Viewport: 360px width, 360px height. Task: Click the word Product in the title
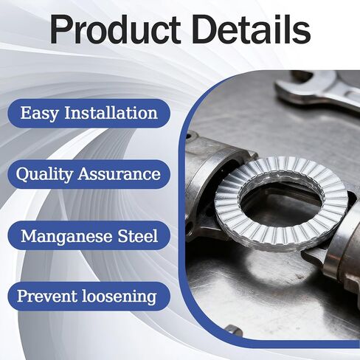[116, 30]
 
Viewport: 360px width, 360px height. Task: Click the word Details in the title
[251, 29]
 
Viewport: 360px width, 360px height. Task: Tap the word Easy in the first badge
[40, 114]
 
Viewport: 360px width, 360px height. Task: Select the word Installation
[111, 113]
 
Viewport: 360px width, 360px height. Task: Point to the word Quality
[44, 174]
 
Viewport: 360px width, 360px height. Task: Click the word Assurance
[120, 174]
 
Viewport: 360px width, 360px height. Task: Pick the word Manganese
[66, 236]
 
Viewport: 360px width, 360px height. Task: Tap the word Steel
[138, 235]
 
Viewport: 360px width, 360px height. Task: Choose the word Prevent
[46, 296]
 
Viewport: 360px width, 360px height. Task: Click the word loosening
[120, 297]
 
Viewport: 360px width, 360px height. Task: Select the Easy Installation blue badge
[89, 113]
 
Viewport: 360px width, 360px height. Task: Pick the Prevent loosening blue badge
[89, 297]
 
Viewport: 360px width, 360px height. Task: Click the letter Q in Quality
[22, 175]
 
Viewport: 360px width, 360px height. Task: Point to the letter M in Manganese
[30, 235]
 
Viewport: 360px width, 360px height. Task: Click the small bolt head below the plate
[234, 330]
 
